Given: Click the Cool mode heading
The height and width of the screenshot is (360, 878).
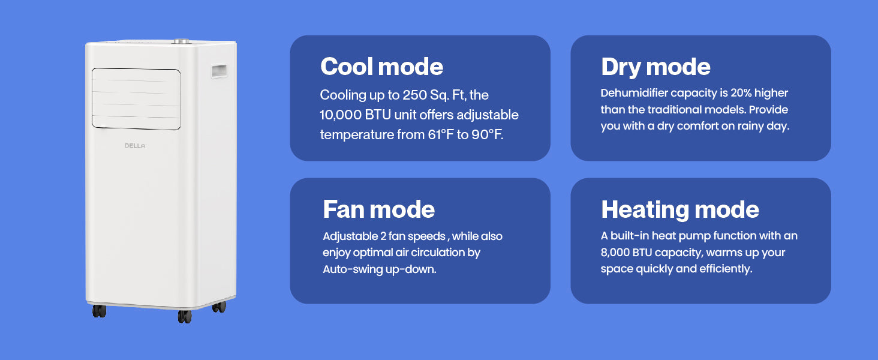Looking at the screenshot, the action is click(x=382, y=66).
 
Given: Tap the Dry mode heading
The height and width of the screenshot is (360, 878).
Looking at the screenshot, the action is click(x=656, y=67).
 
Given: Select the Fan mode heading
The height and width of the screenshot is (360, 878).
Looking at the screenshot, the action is click(x=379, y=209).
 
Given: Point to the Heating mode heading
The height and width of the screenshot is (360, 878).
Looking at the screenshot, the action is click(x=680, y=210).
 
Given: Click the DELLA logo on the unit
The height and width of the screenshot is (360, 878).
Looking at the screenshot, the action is click(x=135, y=146).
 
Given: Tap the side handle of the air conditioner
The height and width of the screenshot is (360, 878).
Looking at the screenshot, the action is click(x=219, y=71).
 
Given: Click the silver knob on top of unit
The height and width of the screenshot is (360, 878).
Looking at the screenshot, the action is click(x=182, y=41).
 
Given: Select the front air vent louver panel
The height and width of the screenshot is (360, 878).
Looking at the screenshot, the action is click(x=136, y=99).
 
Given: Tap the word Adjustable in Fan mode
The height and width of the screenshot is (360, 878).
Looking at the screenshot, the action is click(x=350, y=236).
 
